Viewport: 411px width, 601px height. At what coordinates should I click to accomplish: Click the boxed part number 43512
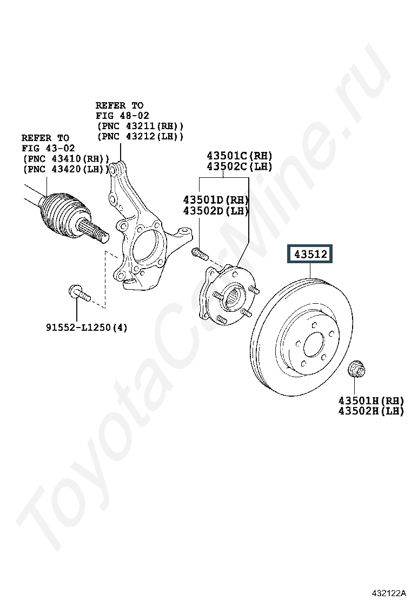click(310, 253)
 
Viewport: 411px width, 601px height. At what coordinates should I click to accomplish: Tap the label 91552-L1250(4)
click(87, 327)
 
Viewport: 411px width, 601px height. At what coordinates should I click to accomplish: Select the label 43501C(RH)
click(238, 156)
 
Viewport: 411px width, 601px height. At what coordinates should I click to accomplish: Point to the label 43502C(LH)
click(238, 166)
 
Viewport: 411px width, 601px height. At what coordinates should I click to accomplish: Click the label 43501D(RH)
click(215, 199)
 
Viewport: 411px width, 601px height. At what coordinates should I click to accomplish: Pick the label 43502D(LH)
click(215, 210)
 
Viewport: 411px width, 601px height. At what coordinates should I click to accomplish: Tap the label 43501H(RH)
click(371, 400)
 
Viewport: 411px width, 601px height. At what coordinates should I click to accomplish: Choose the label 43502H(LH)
click(371, 411)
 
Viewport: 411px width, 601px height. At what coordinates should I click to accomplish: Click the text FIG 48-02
click(122, 116)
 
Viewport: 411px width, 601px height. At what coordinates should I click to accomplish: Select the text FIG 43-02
click(48, 148)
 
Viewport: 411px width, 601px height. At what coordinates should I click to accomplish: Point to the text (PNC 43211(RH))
click(140, 126)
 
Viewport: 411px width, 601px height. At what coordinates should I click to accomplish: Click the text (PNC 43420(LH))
click(66, 169)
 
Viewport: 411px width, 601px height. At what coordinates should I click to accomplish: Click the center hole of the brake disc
click(314, 345)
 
